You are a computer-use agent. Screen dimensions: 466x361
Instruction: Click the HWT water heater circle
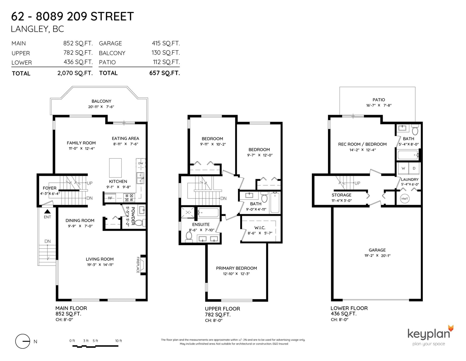405,198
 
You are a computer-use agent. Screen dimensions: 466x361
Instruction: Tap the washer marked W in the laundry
403,168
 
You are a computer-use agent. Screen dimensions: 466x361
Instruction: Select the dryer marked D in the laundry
414,168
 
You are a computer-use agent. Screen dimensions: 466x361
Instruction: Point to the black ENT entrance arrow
47,211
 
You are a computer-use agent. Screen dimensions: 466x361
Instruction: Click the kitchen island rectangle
115,168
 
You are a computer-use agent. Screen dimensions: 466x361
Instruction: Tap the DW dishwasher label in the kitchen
141,163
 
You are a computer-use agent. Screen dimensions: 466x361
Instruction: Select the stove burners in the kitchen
129,198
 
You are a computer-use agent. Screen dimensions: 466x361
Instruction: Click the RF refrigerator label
110,198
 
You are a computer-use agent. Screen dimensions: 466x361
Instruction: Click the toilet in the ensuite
189,237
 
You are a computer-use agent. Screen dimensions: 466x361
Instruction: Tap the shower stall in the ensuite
188,212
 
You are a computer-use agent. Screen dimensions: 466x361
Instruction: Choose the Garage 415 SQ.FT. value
166,43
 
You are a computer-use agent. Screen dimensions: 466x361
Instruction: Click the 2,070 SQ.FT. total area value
75,73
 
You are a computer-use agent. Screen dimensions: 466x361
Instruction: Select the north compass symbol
22,341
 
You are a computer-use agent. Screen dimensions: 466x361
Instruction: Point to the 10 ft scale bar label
118,341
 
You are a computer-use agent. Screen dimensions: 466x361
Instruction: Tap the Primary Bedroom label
236,268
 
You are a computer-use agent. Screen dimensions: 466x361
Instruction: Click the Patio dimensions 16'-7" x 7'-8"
379,105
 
